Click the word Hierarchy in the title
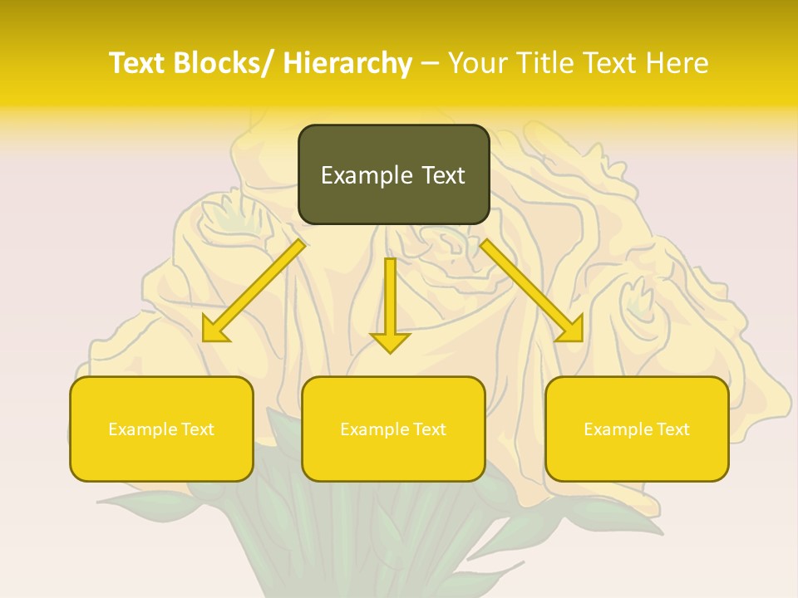pyautogui.click(x=347, y=63)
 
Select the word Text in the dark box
pyautogui.click(x=441, y=175)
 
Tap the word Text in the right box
pyautogui.click(x=673, y=429)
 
